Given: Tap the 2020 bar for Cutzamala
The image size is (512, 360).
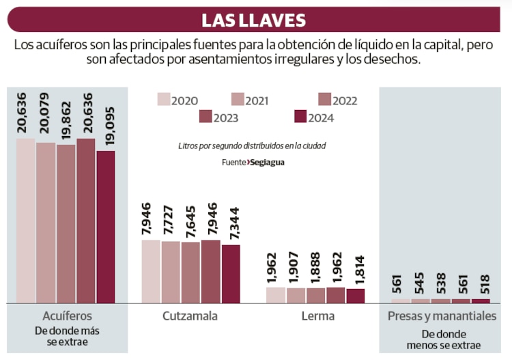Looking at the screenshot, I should [151, 271].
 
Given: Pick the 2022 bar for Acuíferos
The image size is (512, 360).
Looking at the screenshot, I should [66, 223].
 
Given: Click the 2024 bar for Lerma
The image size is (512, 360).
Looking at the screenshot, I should [356, 296].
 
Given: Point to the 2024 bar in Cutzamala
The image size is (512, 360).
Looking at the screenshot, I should [231, 273].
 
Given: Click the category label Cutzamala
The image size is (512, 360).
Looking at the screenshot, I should [190, 316].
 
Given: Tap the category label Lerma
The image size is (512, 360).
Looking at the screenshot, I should [318, 316].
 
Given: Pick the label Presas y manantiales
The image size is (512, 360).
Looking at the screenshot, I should [442, 316].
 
